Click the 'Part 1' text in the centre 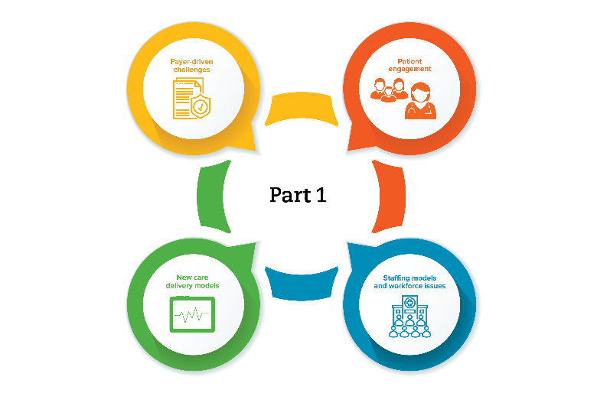pos(298,195)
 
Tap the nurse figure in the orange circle pos(419,101)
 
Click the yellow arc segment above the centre pos(299,107)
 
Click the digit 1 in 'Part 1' pos(321,195)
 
